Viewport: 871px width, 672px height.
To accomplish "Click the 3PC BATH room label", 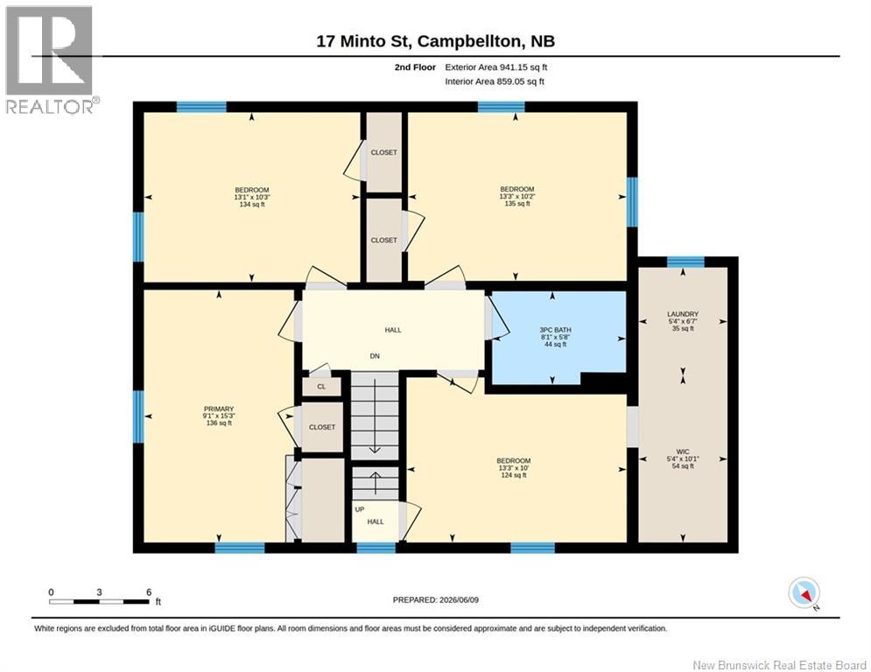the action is pyautogui.click(x=556, y=330).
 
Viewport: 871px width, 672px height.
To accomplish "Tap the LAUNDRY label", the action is pyautogui.click(x=683, y=314).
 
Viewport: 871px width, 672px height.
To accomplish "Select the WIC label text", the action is pyautogui.click(x=683, y=452).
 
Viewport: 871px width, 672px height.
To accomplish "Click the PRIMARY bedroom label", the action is pyautogui.click(x=218, y=409).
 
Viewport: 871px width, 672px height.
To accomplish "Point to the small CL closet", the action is pyautogui.click(x=321, y=387).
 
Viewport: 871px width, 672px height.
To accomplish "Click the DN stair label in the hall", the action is pyautogui.click(x=375, y=356).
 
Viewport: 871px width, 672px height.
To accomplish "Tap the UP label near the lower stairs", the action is pyautogui.click(x=360, y=509).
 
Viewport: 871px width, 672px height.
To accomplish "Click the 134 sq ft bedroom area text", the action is pyautogui.click(x=251, y=204).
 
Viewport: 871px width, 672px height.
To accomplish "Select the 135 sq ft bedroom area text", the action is pyautogui.click(x=516, y=203).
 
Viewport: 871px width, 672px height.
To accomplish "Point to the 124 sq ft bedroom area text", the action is pyautogui.click(x=513, y=475).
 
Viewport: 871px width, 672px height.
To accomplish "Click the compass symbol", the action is pyautogui.click(x=804, y=592).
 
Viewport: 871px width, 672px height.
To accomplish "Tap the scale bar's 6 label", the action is pyautogui.click(x=149, y=592).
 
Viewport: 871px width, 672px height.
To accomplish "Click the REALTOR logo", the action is pyautogui.click(x=51, y=60).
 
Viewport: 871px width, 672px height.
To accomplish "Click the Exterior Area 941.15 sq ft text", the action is pyautogui.click(x=496, y=67).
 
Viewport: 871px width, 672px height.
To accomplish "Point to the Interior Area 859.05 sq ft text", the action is pyautogui.click(x=495, y=81).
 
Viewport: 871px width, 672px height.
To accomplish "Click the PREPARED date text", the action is pyautogui.click(x=436, y=599).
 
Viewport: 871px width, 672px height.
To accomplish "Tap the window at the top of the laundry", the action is pyautogui.click(x=685, y=262).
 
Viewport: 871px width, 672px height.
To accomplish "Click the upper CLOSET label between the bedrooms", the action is pyautogui.click(x=383, y=152).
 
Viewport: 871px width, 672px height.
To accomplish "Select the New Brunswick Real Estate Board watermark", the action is pyautogui.click(x=779, y=665).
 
